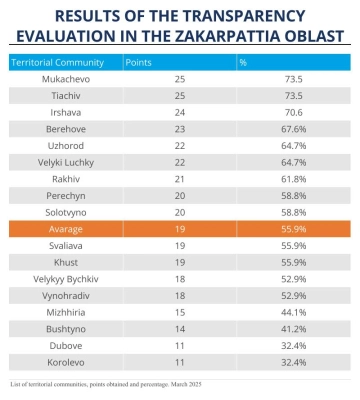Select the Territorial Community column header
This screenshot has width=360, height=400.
coord(58,63)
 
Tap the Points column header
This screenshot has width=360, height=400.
coord(138,63)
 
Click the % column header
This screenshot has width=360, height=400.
coord(243,62)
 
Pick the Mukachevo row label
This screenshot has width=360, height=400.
coord(66,79)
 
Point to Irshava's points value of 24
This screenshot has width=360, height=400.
coord(180,112)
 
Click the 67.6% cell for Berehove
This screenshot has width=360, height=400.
coord(294,129)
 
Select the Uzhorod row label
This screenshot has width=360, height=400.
coord(66,146)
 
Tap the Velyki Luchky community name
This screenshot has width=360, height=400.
coord(66,163)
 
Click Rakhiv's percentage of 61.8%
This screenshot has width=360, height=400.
coord(294,179)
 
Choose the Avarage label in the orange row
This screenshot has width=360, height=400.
coord(66,229)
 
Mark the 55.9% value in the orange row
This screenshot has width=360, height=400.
coord(294,229)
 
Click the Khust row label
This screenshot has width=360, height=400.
coord(66,262)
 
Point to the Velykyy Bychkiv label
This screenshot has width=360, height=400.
coord(66,279)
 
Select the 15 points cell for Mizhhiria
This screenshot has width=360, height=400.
coord(180,312)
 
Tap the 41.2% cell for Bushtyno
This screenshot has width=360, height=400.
coord(294,329)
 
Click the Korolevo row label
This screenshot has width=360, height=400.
coord(66,362)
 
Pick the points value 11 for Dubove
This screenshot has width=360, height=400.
coord(180,346)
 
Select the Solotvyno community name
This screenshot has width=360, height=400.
coord(66,213)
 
